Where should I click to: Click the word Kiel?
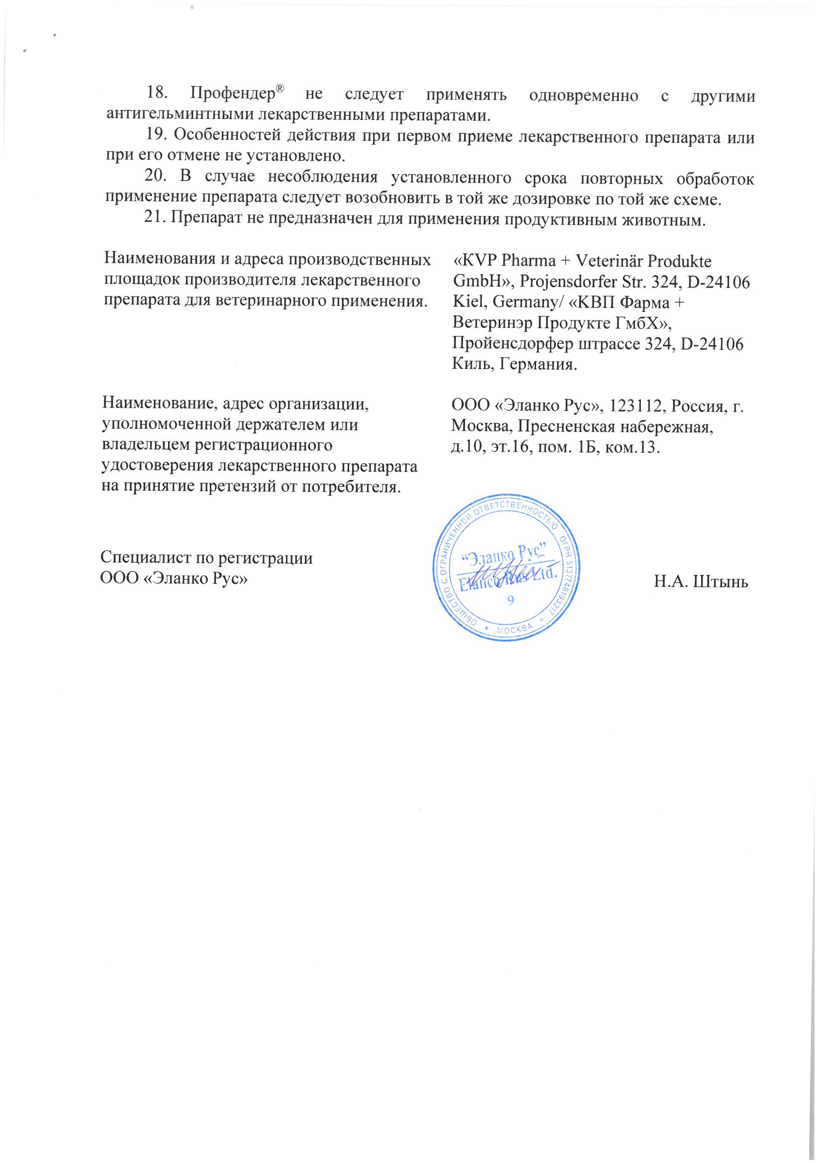(x=469, y=302)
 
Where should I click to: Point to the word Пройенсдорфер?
(x=512, y=344)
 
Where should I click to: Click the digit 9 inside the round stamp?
(x=511, y=600)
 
